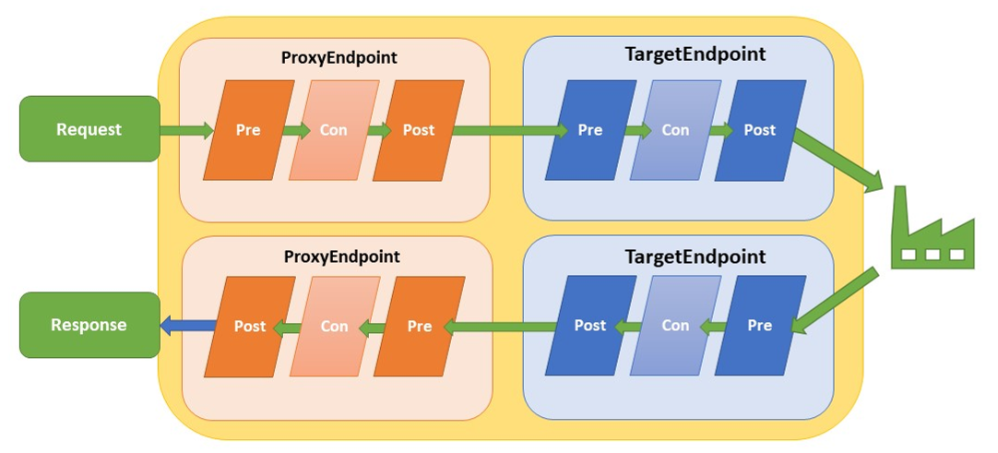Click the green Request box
[89, 129]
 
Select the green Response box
[89, 325]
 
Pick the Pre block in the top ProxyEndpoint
[248, 130]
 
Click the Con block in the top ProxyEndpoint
[333, 130]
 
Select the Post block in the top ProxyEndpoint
[419, 130]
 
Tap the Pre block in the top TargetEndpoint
[590, 130]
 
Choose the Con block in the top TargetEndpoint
[675, 130]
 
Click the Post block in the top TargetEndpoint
[760, 130]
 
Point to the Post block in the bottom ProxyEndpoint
[250, 326]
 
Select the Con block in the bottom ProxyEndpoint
[334, 326]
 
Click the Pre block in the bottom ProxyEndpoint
[420, 326]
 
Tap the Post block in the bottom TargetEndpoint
[590, 326]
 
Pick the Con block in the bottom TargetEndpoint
[675, 326]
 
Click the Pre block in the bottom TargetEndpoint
[760, 326]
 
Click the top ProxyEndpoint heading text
[339, 57]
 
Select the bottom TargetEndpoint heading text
[695, 257]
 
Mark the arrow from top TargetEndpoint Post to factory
[835, 160]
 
